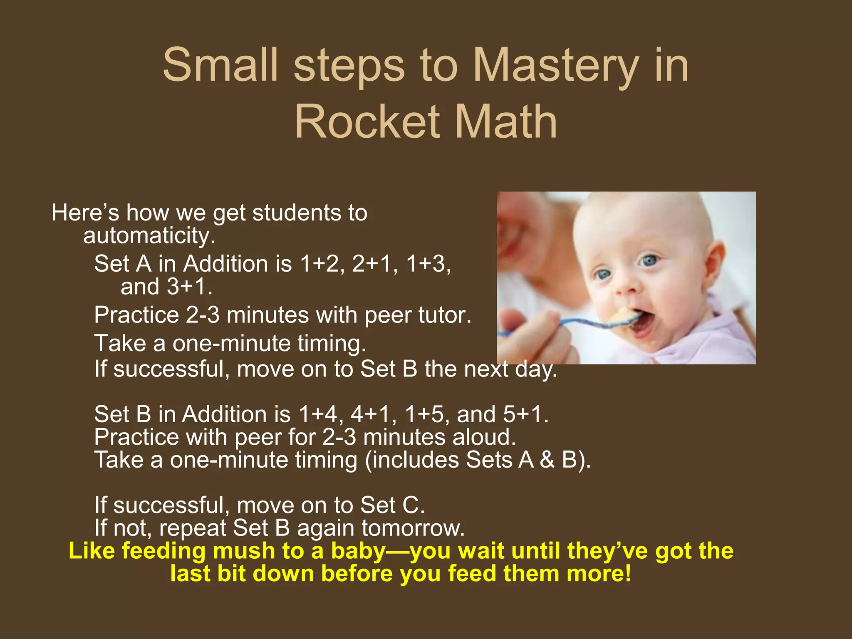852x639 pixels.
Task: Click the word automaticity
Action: (x=149, y=235)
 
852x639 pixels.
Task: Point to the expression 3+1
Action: (x=189, y=287)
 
